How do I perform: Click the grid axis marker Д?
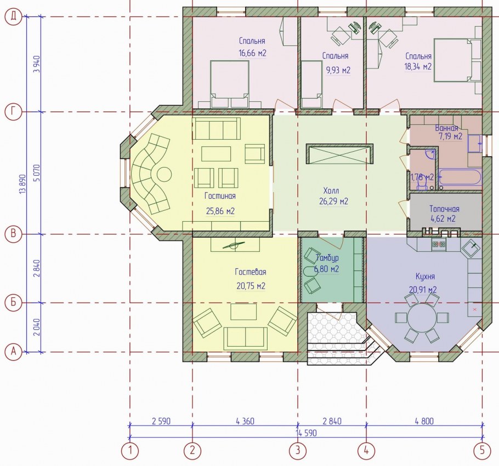[13, 16]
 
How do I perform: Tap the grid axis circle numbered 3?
[298, 451]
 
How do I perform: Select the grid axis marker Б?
[13, 302]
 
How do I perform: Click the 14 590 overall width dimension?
[306, 433]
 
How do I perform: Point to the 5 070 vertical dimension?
[37, 173]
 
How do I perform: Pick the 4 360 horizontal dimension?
[245, 421]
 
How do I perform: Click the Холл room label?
[331, 191]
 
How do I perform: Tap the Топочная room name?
[444, 209]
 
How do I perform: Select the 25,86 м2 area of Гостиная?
[220, 211]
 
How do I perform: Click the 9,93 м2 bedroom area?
[338, 70]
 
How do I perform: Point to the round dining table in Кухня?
[422, 318]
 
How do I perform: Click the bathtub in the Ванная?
[460, 177]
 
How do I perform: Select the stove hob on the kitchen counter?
[439, 244]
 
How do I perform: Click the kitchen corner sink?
[472, 248]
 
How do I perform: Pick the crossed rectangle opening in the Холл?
[339, 154]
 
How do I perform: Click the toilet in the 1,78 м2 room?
[422, 184]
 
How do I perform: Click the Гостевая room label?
[251, 272]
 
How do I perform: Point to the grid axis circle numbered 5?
[483, 451]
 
